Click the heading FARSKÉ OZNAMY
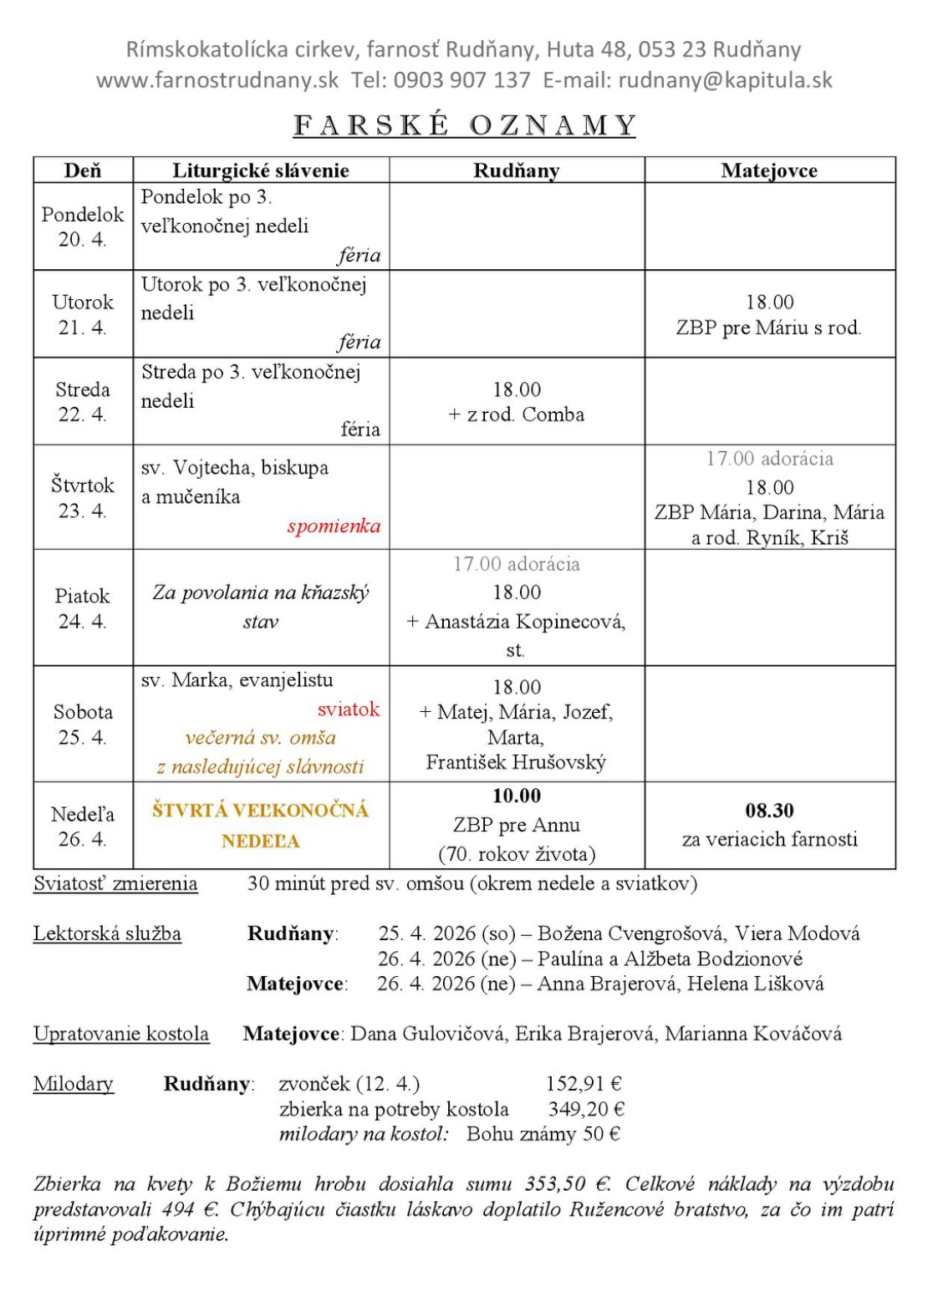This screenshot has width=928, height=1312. (x=464, y=125)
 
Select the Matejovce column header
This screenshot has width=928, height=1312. (x=769, y=170)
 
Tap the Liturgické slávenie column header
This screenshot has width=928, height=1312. (x=261, y=170)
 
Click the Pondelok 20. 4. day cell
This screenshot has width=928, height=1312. (x=83, y=226)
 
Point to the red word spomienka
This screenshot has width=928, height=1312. (x=334, y=526)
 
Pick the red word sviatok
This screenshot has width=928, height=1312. (x=349, y=709)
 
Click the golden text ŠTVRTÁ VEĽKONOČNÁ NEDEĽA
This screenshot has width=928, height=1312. (x=260, y=825)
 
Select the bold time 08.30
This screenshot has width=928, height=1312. (x=769, y=811)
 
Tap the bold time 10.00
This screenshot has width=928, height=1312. (x=517, y=796)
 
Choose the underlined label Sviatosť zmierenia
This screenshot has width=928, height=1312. (x=115, y=883)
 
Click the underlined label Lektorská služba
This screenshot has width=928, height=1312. (x=107, y=933)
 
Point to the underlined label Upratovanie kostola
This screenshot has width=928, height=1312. (x=121, y=1034)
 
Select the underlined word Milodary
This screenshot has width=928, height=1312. (x=74, y=1084)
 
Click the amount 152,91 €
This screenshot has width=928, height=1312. (x=584, y=1084)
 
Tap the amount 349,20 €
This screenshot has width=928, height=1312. (x=586, y=1109)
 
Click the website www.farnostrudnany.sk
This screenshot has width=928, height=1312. (x=217, y=80)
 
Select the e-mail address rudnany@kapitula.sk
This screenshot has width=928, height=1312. (x=725, y=80)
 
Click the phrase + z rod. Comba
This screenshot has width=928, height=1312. (x=517, y=414)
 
